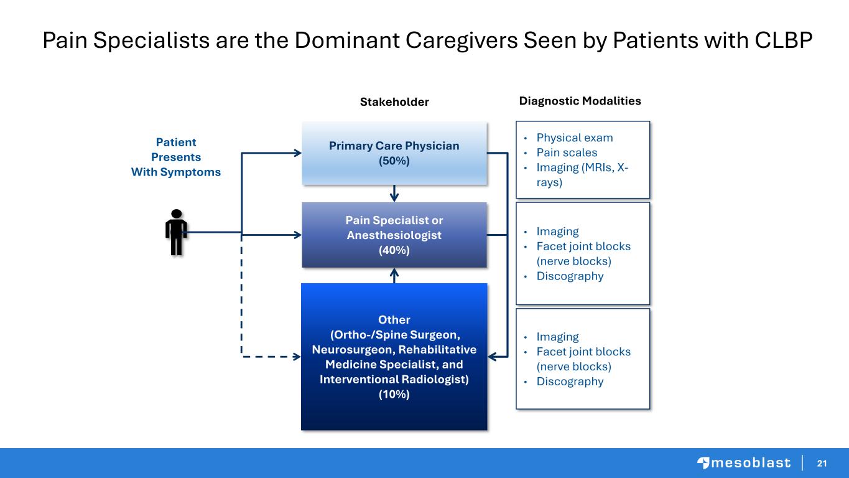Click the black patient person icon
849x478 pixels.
pyautogui.click(x=176, y=232)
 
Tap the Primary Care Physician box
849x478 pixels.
pyautogui.click(x=394, y=153)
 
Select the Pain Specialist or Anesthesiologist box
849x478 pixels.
pyautogui.click(x=394, y=235)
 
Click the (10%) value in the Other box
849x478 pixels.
pyautogui.click(x=394, y=394)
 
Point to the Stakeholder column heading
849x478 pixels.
pyautogui.click(x=394, y=101)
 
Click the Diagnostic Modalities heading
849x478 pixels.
pyautogui.click(x=580, y=101)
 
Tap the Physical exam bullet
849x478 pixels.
pyautogui.click(x=575, y=138)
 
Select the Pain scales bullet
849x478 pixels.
pyautogui.click(x=567, y=152)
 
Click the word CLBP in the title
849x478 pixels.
pyautogui.click(x=784, y=40)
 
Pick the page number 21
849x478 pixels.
pyautogui.click(x=822, y=463)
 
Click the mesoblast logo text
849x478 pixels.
pyautogui.click(x=751, y=463)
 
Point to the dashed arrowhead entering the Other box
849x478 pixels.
pyautogui.click(x=297, y=357)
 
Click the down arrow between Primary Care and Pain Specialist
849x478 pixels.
pyautogui.click(x=394, y=194)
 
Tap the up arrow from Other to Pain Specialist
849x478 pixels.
pyautogui.click(x=394, y=276)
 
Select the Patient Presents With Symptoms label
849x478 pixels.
pyautogui.click(x=176, y=157)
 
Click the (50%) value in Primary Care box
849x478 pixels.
pyautogui.click(x=394, y=161)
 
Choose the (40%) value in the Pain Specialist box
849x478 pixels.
pyautogui.click(x=394, y=250)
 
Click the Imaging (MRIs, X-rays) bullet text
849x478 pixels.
pyautogui.click(x=582, y=175)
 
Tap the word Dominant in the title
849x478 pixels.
pyautogui.click(x=347, y=40)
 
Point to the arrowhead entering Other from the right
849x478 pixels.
pyautogui.click(x=492, y=357)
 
